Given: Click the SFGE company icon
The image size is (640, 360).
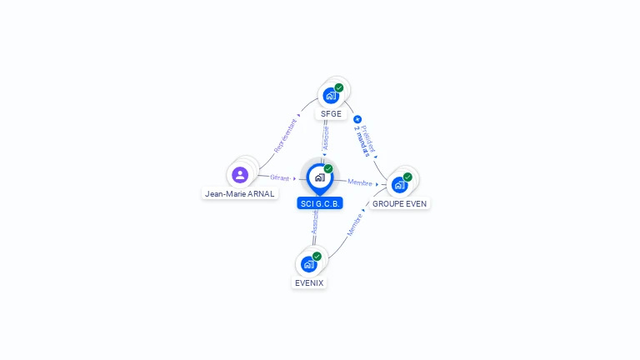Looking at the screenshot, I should coord(330,95).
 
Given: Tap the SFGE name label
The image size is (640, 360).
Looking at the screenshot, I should coord(331,114).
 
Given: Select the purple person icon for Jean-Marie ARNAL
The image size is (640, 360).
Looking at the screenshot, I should coord(240,175).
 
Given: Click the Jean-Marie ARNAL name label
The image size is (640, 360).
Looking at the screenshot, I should coord(239,193).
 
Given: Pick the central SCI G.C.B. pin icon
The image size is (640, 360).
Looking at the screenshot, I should coord(319,177).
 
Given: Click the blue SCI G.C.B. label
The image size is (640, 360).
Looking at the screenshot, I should coord(320,203).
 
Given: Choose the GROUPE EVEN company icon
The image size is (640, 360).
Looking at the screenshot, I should coord(399,184).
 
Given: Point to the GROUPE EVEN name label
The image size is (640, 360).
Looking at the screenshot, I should coord(399,203).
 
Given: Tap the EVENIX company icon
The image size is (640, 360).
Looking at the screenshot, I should coord(308,264).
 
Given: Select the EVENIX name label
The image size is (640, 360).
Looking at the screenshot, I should coord(308,282).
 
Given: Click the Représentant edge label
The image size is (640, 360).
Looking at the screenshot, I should coord(286,134).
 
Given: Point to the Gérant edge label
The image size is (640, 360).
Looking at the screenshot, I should coord(280,177).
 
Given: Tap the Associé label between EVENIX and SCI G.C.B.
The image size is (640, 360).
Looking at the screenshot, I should coord(314,221).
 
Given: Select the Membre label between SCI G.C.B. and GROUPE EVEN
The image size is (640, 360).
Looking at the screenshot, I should coord(360,182).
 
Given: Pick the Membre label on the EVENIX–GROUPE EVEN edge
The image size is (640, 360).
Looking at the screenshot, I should coord(353,225).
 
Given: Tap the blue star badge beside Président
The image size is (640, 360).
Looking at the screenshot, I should coord(357,119).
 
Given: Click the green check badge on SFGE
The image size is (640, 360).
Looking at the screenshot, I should coord(339,87).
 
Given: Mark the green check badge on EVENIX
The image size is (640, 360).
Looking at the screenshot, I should coord(317,257).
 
